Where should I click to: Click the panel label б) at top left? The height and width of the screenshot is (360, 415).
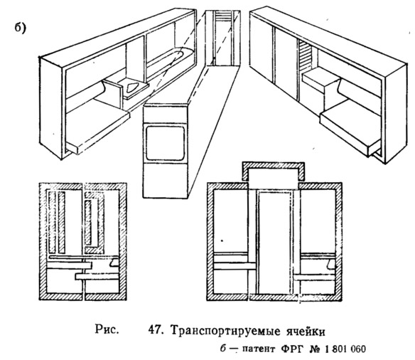point(21,28)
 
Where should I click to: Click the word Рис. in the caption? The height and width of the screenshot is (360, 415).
point(107,329)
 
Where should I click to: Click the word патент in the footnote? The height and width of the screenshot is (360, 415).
point(259,349)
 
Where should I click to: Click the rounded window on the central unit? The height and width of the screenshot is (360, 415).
point(165,143)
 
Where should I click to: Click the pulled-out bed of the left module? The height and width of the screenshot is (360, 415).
point(98,127)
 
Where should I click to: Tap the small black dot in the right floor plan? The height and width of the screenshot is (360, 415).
point(222,240)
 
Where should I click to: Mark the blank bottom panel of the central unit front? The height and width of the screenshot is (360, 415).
point(165,181)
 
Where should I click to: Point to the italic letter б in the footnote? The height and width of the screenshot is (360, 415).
point(223,349)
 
